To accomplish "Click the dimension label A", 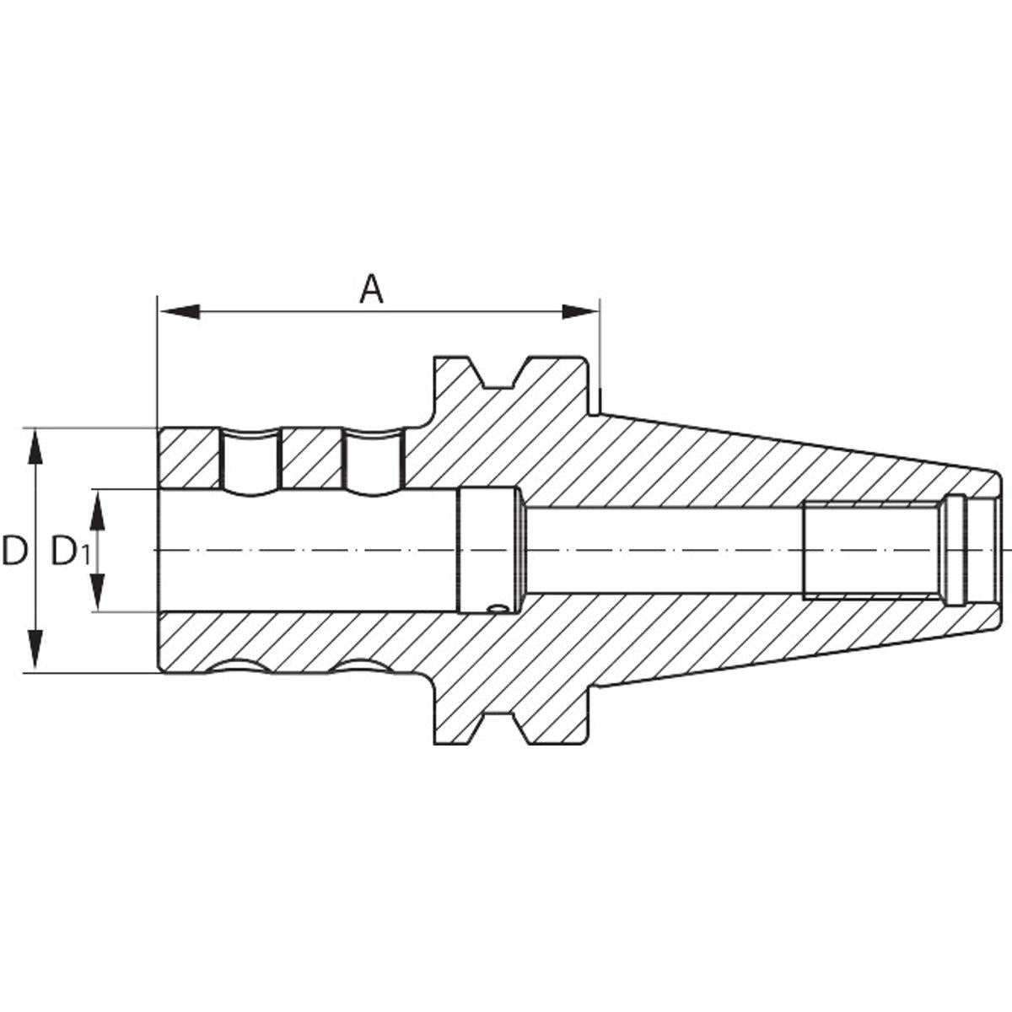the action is [x=371, y=289].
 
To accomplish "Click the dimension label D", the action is [x=14, y=551].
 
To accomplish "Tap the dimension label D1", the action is [x=71, y=552].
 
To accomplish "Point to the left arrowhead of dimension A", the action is [x=180, y=311].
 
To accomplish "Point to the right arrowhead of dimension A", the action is [x=579, y=311].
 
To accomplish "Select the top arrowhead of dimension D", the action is [x=35, y=446].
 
